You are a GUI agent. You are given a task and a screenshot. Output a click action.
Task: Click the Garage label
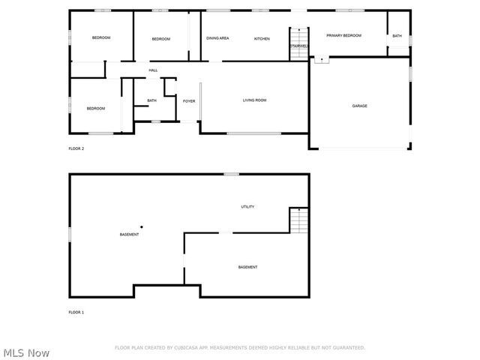click(360, 106)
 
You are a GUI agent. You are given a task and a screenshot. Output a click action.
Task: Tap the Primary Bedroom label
click(343, 35)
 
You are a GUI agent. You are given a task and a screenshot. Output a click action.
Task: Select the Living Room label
click(254, 100)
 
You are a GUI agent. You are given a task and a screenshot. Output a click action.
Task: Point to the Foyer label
click(189, 100)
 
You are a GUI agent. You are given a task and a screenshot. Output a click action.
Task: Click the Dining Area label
click(217, 38)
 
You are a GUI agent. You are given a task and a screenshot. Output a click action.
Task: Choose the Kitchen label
click(262, 38)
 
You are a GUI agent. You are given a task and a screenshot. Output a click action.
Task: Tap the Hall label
click(153, 70)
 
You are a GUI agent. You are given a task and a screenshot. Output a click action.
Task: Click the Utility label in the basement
click(248, 207)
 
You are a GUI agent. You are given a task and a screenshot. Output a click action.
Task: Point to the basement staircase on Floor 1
click(299, 220)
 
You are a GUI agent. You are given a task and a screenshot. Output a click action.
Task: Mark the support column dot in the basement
click(141, 226)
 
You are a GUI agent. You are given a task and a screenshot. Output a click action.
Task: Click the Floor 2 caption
click(76, 148)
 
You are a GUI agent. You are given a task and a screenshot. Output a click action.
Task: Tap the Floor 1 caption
click(76, 312)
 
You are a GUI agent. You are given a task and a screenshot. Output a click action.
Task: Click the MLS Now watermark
click(27, 352)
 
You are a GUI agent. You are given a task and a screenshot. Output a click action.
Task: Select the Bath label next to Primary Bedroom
click(397, 36)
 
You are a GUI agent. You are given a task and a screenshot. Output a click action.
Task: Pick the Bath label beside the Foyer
click(151, 100)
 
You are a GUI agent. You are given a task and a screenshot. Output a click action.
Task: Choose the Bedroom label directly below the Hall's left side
click(96, 109)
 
